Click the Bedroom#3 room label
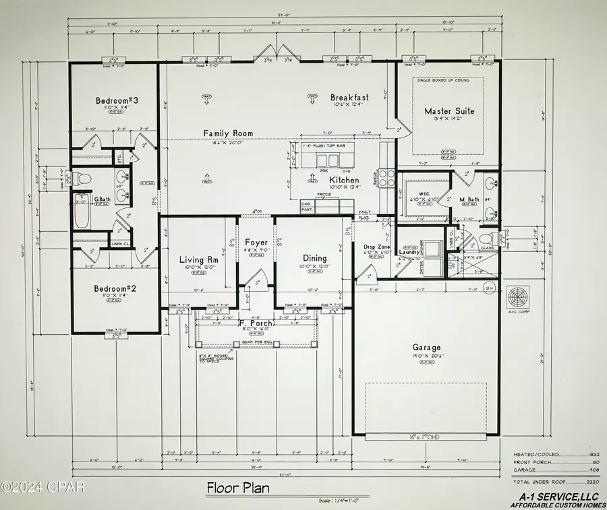pos(116,101)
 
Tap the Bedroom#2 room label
pos(116,288)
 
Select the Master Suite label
pos(449,111)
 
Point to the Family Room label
pos(229,133)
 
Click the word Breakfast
pos(349,98)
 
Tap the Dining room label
pos(314,258)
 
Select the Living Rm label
pos(198,260)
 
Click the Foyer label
pos(256,243)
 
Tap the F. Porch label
pos(256,324)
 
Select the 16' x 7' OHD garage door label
pos(426,437)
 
